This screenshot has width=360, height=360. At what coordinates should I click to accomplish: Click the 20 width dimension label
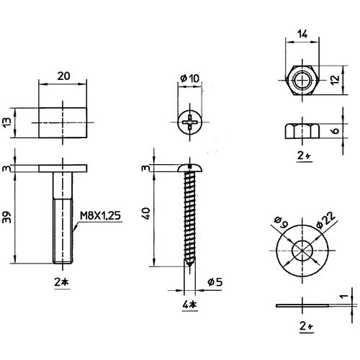(x=63, y=76)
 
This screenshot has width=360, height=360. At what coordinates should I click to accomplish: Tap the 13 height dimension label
(x=8, y=122)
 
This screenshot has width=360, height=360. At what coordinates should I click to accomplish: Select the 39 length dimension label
(x=7, y=217)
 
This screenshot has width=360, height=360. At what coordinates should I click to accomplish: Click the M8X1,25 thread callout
(x=100, y=216)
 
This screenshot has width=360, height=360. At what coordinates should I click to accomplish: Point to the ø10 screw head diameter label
(x=189, y=78)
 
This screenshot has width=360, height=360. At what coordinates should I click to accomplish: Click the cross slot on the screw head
(x=190, y=122)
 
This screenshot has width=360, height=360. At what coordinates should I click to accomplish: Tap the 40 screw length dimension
(x=146, y=213)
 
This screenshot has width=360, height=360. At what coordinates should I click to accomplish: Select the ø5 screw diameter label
(x=215, y=282)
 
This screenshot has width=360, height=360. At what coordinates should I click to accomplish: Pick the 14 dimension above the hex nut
(x=302, y=35)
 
